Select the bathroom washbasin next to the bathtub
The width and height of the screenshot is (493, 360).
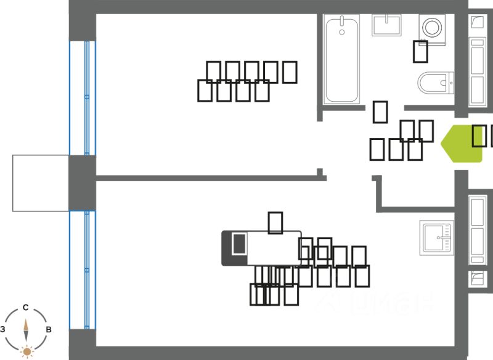tap(387, 26)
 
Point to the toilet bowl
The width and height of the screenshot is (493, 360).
tap(434, 81)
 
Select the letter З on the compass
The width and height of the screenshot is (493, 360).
tap(3, 330)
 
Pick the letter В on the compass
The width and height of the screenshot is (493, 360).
tap(49, 330)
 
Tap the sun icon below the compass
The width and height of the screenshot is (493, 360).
tap(26, 352)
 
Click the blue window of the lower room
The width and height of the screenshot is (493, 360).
tap(83, 270)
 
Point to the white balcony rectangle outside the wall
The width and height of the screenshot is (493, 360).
tap(40, 183)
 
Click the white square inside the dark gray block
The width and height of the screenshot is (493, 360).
tap(238, 243)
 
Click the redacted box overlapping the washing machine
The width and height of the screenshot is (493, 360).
tap(421, 51)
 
